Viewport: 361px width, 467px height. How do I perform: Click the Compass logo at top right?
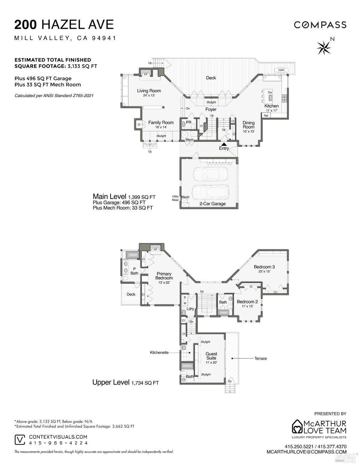pos(320,25)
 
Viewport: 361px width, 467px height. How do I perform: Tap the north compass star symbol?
pos(324,47)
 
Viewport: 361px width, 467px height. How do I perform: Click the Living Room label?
pos(149,91)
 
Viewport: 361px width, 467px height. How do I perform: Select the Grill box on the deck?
pos(281,70)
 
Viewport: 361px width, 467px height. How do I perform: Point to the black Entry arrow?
pos(224,144)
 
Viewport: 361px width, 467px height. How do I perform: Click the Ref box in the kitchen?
pos(266,116)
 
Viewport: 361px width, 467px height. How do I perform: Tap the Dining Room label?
pos(249,125)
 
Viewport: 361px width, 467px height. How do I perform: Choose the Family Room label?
pos(161,122)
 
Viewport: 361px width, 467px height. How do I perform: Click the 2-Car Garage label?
pos(212,204)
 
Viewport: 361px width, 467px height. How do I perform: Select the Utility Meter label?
pos(175,198)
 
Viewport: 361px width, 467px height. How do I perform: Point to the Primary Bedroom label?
pos(164,276)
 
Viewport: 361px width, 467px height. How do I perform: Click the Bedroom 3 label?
pos(264,267)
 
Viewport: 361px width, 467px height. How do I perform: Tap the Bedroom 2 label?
pos(247,302)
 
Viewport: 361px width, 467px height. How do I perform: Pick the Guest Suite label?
pos(211,356)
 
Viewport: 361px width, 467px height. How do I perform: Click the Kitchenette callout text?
pos(159,352)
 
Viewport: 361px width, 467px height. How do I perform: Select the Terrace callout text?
pos(260,358)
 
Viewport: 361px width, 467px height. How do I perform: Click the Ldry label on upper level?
pos(190,309)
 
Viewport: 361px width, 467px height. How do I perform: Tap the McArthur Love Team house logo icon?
pos(297,426)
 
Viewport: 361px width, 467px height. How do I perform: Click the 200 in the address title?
pos(26,25)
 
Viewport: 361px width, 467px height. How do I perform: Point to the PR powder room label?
pos(188,122)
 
